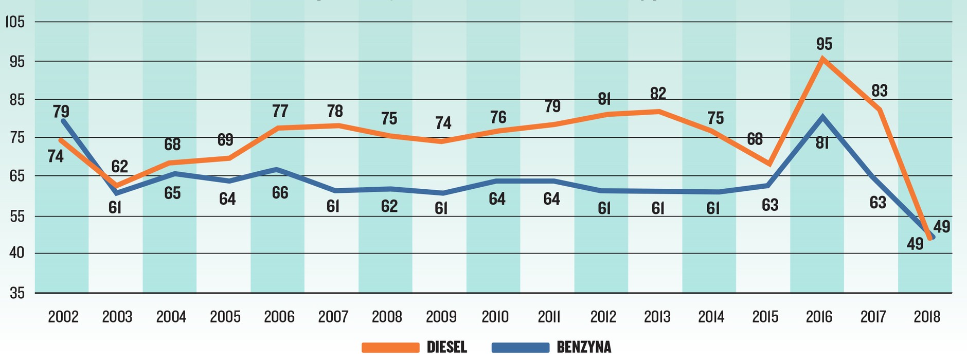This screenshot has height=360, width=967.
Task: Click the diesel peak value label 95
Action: pyautogui.click(x=823, y=44)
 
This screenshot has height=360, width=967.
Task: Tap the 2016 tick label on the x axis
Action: pyautogui.click(x=819, y=316)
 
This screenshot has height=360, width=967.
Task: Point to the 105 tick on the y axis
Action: pyautogui.click(x=14, y=22)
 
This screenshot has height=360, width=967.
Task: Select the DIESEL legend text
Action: pyautogui.click(x=446, y=347)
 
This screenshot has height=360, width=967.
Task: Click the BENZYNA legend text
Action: pyautogui.click(x=584, y=347)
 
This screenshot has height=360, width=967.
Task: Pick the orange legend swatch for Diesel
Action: pyautogui.click(x=390, y=348)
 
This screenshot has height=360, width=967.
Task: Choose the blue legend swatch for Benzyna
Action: pyautogui.click(x=520, y=348)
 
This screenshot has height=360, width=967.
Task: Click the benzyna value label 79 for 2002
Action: pyautogui.click(x=61, y=111)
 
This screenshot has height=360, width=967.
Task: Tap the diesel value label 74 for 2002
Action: pyautogui.click(x=56, y=156)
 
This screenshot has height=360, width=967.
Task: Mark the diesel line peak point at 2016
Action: pyautogui.click(x=822, y=59)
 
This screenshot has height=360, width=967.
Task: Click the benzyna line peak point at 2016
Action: pyautogui.click(x=822, y=117)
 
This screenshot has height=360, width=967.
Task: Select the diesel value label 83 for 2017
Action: pyautogui.click(x=880, y=91)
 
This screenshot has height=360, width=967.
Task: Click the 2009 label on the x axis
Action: pyautogui.click(x=441, y=316)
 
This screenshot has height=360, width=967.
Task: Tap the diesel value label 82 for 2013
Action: pyautogui.click(x=658, y=93)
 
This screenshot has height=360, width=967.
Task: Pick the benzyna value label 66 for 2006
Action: pyautogui.click(x=280, y=192)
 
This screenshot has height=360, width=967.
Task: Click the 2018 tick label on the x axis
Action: pyautogui.click(x=927, y=316)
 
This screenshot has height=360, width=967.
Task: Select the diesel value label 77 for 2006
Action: pyautogui.click(x=280, y=111)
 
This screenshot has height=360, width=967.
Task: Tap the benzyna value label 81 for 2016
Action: pyautogui.click(x=822, y=142)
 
